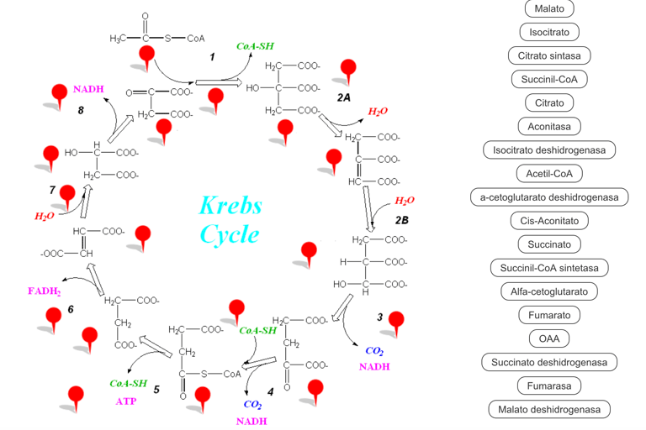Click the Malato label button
point(549,9)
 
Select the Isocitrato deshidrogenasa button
point(549,150)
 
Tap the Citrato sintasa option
point(549,56)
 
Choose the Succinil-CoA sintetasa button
point(549,268)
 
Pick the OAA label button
point(549,338)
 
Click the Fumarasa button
point(549,385)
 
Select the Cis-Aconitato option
point(549,221)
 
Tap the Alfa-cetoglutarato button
point(549,291)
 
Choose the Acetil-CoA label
point(549,174)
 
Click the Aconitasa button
point(549,127)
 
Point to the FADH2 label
point(44,291)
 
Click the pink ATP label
point(125,401)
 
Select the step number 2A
point(343,98)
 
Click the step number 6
point(71,309)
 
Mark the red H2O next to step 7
point(45,216)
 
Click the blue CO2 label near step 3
point(375,350)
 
